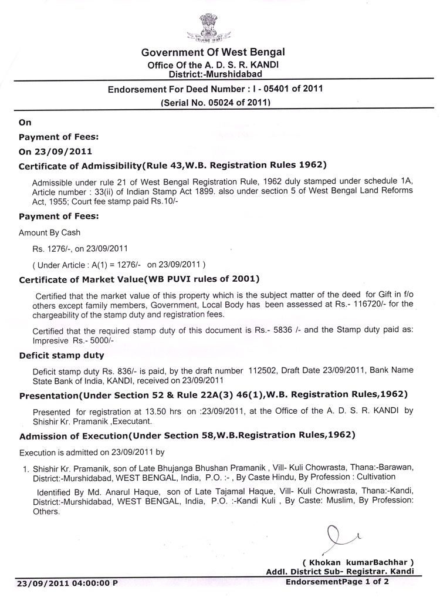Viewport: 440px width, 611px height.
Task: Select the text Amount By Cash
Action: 50,232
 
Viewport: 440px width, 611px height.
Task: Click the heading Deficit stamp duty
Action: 62,355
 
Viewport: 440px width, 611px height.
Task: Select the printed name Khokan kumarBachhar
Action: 358,561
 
